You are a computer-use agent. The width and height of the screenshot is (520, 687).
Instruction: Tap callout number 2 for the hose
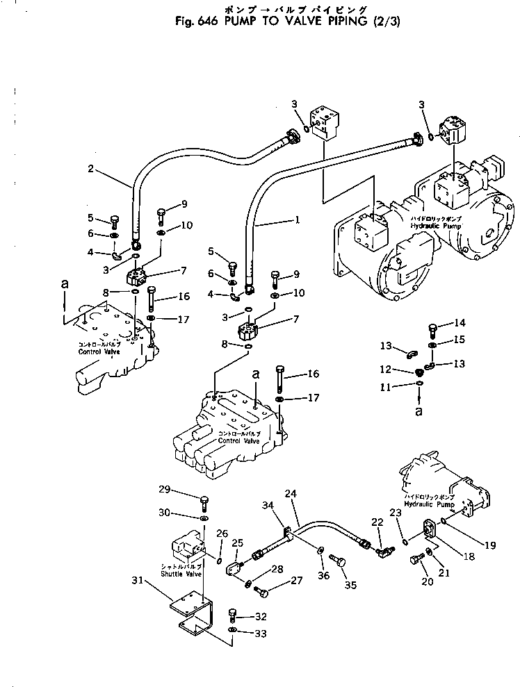(x=90, y=169)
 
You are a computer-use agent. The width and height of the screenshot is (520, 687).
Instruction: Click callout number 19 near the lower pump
(x=491, y=545)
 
